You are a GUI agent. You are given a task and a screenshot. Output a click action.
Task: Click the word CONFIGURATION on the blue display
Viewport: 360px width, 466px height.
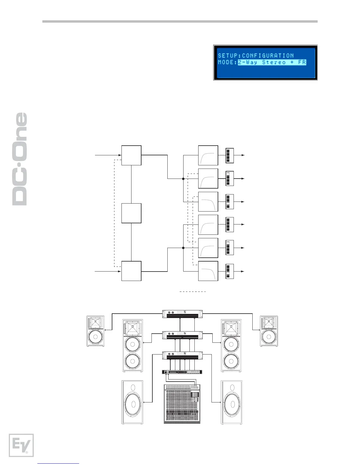click(268, 55)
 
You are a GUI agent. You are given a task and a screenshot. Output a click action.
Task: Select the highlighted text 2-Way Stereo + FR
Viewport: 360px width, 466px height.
click(272, 62)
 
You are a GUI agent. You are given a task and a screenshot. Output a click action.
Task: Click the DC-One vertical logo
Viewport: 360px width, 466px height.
click(20, 159)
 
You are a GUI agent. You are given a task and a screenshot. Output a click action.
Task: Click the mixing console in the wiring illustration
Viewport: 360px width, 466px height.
click(182, 404)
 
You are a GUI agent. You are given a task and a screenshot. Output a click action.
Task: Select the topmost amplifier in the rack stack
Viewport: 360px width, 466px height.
click(183, 314)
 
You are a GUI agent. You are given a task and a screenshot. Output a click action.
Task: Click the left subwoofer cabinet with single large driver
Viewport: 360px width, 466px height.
click(132, 402)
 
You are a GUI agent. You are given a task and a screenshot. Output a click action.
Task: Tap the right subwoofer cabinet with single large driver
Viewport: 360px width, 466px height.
click(232, 402)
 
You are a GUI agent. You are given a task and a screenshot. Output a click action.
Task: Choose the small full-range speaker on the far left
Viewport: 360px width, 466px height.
click(96, 331)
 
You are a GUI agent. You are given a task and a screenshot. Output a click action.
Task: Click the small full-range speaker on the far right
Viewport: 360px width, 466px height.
click(269, 331)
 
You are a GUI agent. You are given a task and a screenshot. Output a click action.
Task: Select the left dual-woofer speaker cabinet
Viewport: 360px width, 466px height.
click(133, 345)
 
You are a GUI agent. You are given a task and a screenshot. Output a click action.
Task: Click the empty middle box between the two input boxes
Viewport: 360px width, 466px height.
click(131, 213)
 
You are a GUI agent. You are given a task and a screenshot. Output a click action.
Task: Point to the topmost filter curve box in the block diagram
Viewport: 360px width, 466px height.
click(208, 155)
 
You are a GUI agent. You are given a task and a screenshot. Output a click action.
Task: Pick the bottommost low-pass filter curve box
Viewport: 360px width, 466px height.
click(208, 271)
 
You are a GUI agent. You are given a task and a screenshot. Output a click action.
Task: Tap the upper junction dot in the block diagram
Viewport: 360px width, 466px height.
click(183, 179)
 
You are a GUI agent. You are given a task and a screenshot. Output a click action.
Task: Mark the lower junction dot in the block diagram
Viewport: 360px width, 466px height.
click(183, 248)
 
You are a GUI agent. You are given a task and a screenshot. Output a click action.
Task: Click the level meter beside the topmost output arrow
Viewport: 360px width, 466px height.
click(230, 155)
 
